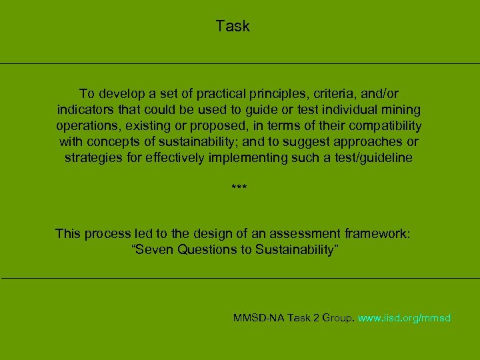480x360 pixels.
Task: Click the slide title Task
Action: click(233, 27)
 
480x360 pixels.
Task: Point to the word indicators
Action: click(85, 109)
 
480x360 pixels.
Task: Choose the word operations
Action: click(85, 125)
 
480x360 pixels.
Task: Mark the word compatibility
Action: click(383, 125)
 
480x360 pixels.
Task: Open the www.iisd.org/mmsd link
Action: click(404, 318)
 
